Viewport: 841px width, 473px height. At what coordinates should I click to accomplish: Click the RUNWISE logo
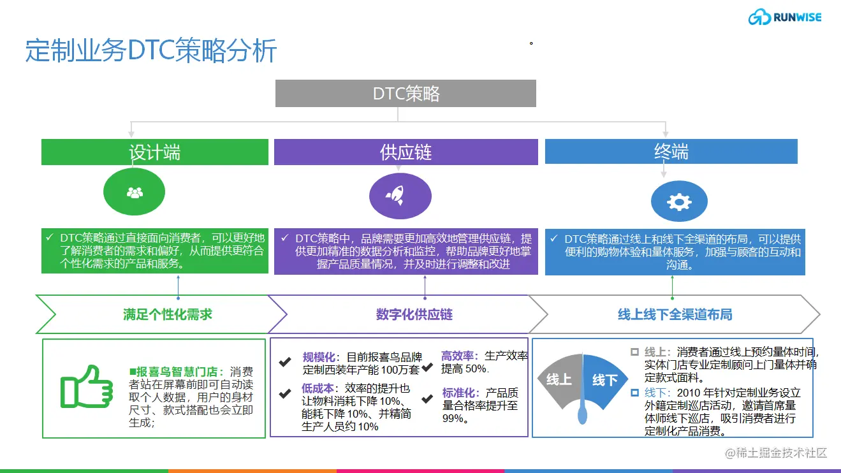pyautogui.click(x=785, y=17)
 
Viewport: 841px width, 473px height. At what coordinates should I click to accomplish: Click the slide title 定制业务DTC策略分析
pyautogui.click(x=151, y=50)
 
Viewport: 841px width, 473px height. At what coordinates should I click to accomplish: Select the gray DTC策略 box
pyautogui.click(x=406, y=93)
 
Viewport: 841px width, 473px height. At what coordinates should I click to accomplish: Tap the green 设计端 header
pyautogui.click(x=155, y=152)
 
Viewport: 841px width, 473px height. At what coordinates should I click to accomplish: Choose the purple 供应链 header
pyautogui.click(x=406, y=152)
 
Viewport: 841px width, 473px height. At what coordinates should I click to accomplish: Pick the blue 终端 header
pyautogui.click(x=671, y=151)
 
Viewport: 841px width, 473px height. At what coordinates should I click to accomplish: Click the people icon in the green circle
pyautogui.click(x=135, y=193)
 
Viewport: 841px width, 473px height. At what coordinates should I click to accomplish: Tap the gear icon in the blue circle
pyautogui.click(x=679, y=202)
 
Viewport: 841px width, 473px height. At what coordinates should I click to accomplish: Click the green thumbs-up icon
pyautogui.click(x=87, y=387)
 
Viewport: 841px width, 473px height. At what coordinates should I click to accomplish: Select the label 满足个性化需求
pyautogui.click(x=168, y=314)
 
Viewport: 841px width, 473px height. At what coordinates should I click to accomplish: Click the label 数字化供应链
pyautogui.click(x=414, y=314)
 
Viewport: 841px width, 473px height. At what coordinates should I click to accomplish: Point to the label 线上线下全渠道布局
pyautogui.click(x=675, y=314)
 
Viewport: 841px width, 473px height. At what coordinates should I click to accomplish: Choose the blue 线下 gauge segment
pyautogui.click(x=604, y=380)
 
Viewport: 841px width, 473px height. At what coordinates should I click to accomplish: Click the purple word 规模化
pyautogui.click(x=319, y=356)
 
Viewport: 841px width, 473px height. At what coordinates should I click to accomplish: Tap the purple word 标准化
pyautogui.click(x=458, y=393)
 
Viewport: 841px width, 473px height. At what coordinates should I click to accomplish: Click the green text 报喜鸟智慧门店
pyautogui.click(x=177, y=372)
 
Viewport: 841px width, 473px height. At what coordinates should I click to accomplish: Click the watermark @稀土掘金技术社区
pyautogui.click(x=776, y=453)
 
